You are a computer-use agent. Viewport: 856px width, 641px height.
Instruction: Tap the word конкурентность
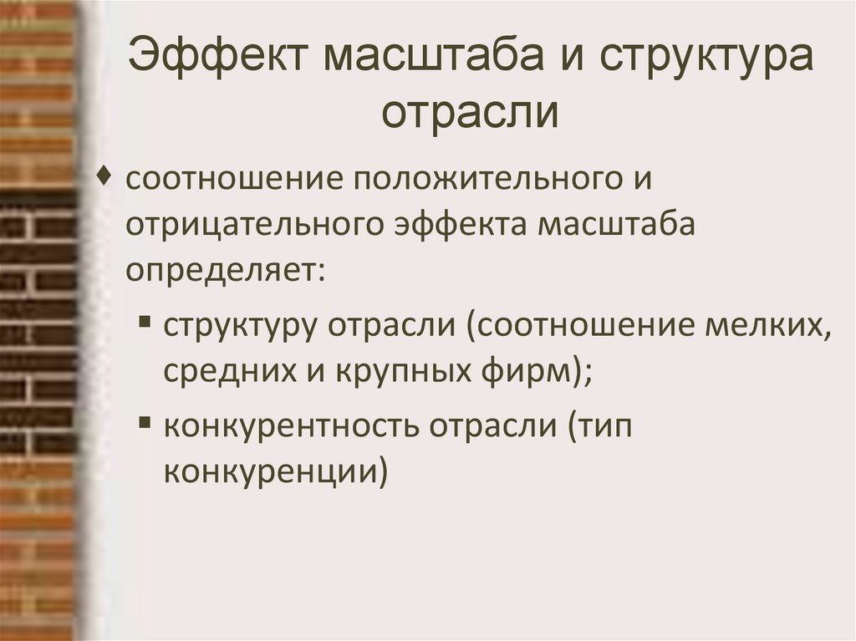click(x=291, y=427)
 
